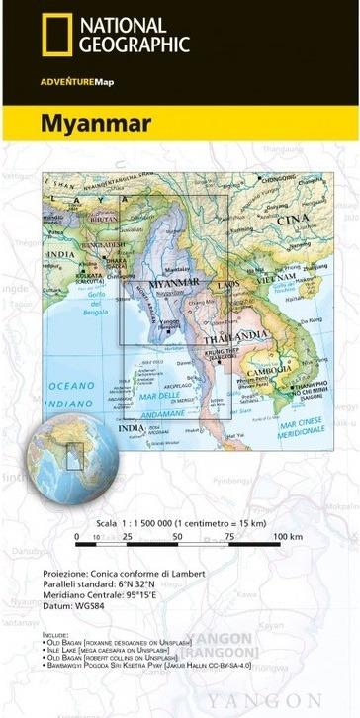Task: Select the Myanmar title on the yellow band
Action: pos(96,124)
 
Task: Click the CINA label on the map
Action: pos(294,219)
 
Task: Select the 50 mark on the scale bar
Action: pos(176,536)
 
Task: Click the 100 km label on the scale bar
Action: pos(287,536)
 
